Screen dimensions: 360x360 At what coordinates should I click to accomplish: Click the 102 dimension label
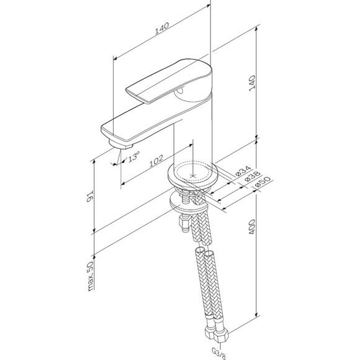click(x=156, y=161)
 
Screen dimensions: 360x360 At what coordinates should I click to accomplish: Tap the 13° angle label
click(x=133, y=157)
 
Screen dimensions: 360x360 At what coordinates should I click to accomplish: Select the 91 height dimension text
click(x=90, y=196)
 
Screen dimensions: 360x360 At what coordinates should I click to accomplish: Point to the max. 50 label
click(x=90, y=276)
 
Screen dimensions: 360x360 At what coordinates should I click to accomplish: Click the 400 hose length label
click(x=252, y=227)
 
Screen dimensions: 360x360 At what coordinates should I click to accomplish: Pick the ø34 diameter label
click(x=243, y=171)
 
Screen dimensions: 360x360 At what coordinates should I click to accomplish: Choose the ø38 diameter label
click(x=252, y=176)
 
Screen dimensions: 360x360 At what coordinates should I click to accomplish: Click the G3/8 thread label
click(x=218, y=354)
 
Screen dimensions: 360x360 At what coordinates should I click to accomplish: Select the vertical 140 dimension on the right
click(x=252, y=83)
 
